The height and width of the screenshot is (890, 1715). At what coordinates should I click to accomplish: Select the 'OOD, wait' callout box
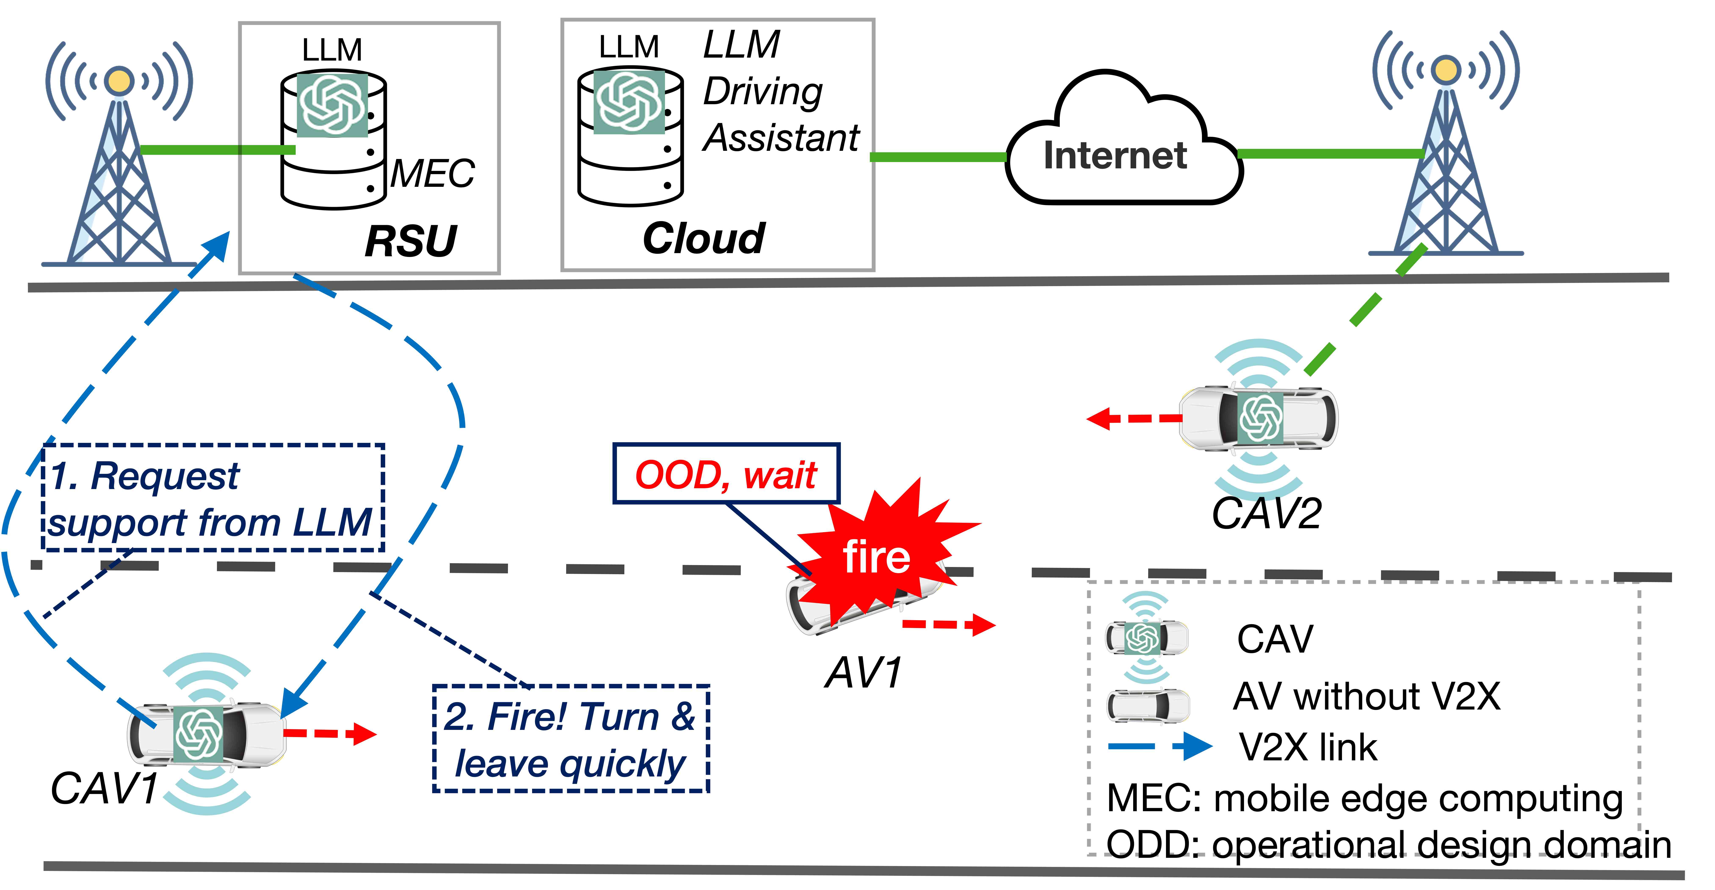[x=726, y=474]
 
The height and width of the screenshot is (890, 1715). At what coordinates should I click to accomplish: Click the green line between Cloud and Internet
[x=939, y=157]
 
